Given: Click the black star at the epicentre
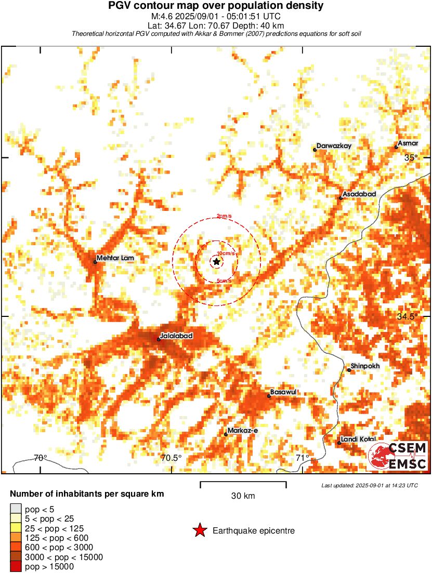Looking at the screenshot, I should (216, 262).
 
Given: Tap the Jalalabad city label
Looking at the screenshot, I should (177, 336).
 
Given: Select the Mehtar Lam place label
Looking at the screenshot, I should (114, 258).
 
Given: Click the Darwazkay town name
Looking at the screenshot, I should (334, 146).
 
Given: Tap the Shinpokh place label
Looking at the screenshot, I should (365, 366).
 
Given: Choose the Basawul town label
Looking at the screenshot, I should (283, 392).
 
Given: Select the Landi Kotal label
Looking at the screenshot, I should (358, 439).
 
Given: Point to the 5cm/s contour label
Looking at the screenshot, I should (224, 281).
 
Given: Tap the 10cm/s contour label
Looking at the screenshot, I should (226, 253).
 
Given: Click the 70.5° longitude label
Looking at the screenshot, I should (172, 458).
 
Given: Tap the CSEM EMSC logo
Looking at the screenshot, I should (398, 456).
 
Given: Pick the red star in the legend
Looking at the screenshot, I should (199, 530).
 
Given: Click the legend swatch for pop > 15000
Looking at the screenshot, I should (16, 567).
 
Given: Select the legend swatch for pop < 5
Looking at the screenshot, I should (16, 509).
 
